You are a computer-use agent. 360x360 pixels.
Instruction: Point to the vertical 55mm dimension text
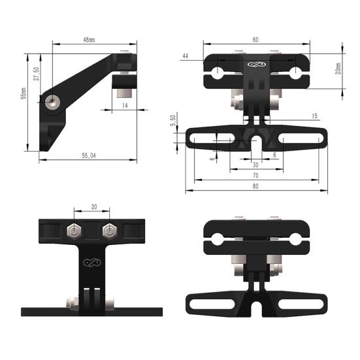(x=24, y=95)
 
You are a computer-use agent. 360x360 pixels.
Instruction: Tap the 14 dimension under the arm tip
(x=125, y=105)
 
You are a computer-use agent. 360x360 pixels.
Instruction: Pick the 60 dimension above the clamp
(x=255, y=40)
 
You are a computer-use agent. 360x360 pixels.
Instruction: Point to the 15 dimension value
(x=315, y=116)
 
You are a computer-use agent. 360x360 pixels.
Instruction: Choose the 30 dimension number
(x=255, y=165)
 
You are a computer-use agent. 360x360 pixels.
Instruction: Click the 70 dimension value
(x=255, y=176)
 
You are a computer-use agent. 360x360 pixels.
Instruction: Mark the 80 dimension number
(x=255, y=187)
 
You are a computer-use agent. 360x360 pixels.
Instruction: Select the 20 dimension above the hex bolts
(x=94, y=207)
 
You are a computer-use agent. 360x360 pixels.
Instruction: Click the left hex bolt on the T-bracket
(x=74, y=231)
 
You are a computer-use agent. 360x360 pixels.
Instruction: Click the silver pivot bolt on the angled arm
(x=52, y=101)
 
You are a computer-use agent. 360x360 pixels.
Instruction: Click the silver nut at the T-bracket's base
(x=71, y=301)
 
